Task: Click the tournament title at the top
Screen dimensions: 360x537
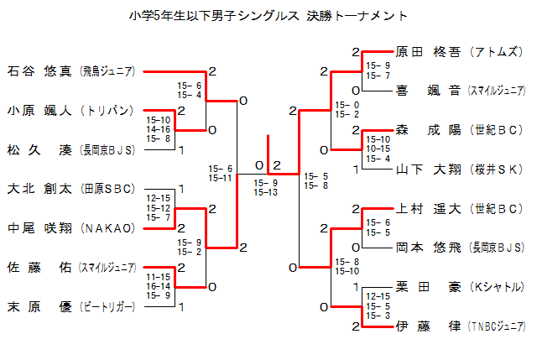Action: tap(268, 15)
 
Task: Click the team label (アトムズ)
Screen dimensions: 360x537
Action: tap(498, 51)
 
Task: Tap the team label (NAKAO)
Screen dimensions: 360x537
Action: tap(107, 228)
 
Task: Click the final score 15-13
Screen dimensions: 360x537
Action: tap(266, 192)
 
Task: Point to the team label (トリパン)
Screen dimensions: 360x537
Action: tap(107, 110)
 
